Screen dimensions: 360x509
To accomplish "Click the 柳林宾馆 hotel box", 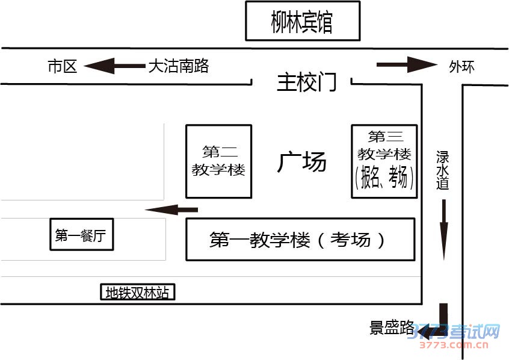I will [302, 22].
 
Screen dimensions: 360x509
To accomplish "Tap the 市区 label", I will [62, 66].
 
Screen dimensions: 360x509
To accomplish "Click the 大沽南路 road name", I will [178, 66].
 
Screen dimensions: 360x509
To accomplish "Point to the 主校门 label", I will [306, 82].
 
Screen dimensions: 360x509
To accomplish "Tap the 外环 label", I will [461, 66].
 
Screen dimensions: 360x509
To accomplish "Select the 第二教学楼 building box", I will [218, 161].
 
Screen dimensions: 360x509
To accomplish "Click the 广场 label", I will [301, 161].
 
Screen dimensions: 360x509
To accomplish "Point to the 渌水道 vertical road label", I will [443, 171].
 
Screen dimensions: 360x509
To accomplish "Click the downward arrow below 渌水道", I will [444, 229].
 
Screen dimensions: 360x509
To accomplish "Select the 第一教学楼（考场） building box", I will [300, 240].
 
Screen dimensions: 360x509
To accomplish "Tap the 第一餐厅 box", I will [81, 235].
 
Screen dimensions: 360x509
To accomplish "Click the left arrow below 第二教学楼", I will [171, 209].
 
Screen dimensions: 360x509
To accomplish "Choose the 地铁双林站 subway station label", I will [137, 293].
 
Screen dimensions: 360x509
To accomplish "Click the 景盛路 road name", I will [392, 328].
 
